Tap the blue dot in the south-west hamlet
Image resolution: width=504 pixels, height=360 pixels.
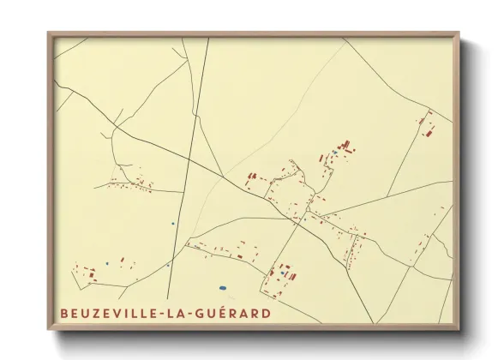[106, 262]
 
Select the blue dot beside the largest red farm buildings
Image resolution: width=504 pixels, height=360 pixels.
[334, 152]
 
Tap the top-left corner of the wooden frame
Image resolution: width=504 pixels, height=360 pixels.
[50, 34]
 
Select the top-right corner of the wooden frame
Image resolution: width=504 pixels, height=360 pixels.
[459, 34]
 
